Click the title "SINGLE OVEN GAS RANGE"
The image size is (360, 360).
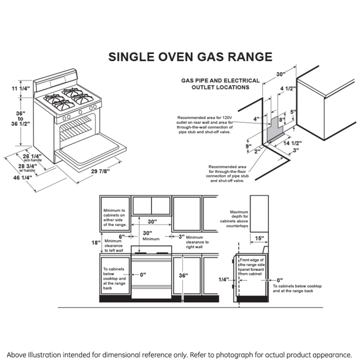[x=190, y=57]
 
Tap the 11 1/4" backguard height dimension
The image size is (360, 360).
[x=21, y=88]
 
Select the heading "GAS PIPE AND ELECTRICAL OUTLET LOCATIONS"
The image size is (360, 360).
[x=220, y=84]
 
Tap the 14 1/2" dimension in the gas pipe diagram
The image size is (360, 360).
[x=292, y=143]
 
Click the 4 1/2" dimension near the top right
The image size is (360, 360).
[x=287, y=89]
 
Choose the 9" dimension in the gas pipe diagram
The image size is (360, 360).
[x=248, y=146]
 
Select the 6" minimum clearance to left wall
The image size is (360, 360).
[x=121, y=236]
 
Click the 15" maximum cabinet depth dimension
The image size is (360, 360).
[x=259, y=238]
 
